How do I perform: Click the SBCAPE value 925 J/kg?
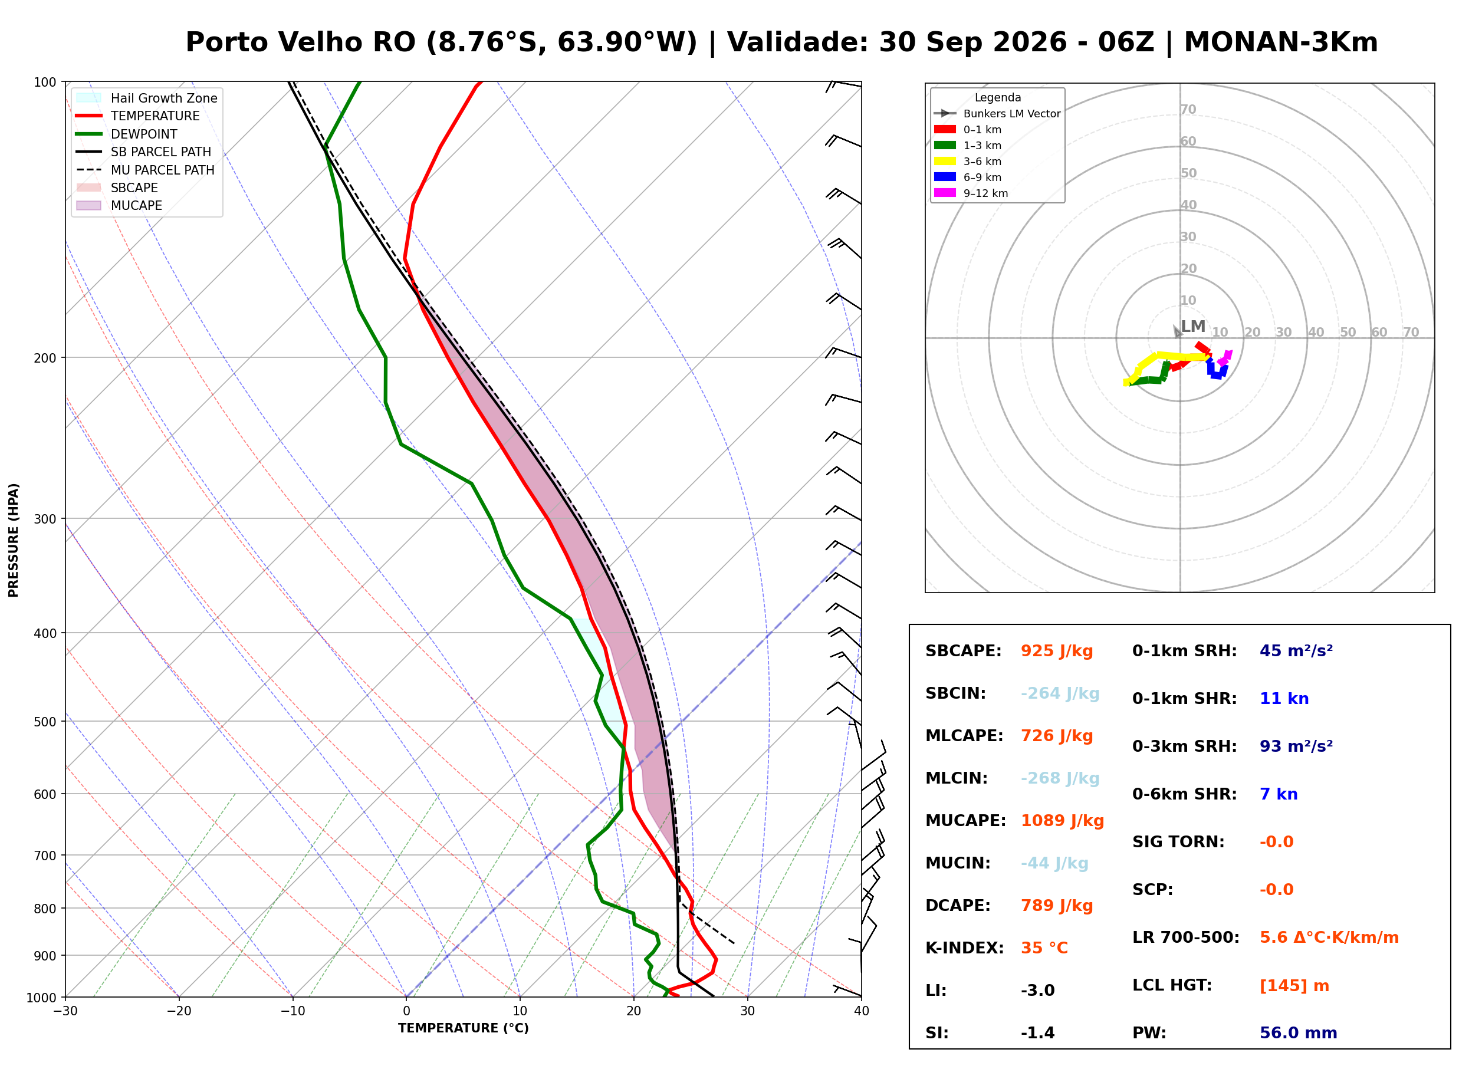tap(1057, 651)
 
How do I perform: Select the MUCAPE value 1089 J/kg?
tap(1062, 821)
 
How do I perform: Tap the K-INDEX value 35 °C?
tap(1044, 948)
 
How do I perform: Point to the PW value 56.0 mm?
tap(1299, 1033)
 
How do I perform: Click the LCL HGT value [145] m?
tap(1294, 986)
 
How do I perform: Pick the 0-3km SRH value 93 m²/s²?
tap(1296, 746)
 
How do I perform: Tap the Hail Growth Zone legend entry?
tap(147, 98)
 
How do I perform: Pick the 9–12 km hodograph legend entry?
tap(971, 193)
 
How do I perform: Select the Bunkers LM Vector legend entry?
tap(997, 114)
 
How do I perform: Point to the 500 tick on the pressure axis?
tap(45, 722)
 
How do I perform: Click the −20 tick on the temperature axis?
tap(178, 1011)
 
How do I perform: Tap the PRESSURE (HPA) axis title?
tap(14, 540)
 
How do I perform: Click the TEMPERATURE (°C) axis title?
tap(464, 1028)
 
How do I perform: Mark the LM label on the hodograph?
tap(1193, 327)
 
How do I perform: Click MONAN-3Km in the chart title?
tap(1281, 42)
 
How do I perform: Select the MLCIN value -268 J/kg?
tap(1060, 778)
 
